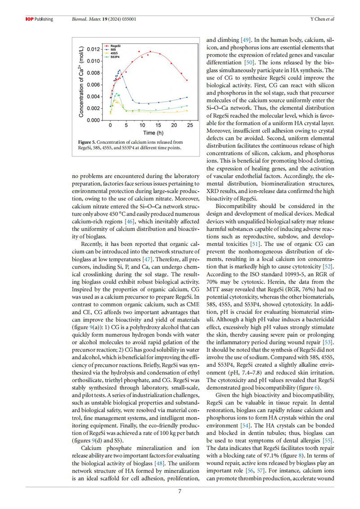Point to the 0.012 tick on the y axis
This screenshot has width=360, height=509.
tap(94, 49)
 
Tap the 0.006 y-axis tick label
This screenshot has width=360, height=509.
tap(94, 85)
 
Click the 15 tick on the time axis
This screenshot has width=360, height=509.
tap(158, 126)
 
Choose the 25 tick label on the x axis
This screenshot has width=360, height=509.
tap(190, 126)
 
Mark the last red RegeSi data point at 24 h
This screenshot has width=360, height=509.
tap(187, 80)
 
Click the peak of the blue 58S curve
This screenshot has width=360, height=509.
tap(119, 70)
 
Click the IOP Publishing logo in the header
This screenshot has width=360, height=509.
tap(38, 19)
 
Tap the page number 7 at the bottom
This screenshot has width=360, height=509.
tap(180, 491)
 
